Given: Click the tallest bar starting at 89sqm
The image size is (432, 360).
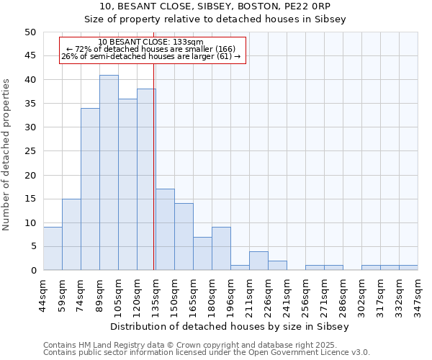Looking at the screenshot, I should pyautogui.click(x=109, y=173).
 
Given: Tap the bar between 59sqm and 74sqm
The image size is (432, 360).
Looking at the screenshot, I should pyautogui.click(x=71, y=234).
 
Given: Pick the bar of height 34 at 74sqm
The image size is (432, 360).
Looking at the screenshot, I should pyautogui.click(x=90, y=189).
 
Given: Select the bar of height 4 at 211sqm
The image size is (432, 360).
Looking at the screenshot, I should pyautogui.click(x=258, y=261).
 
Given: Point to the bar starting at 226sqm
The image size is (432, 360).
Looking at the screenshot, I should pyautogui.click(x=277, y=266).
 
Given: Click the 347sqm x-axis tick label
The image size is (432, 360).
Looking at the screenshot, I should pyautogui.click(x=418, y=295).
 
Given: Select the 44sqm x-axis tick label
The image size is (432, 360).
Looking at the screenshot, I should pyautogui.click(x=44, y=295).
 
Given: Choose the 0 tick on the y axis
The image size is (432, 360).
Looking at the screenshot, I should pyautogui.click(x=32, y=271).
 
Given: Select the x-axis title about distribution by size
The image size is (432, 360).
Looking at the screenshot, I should pyautogui.click(x=230, y=326).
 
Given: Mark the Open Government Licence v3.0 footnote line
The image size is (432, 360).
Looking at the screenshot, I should pyautogui.click(x=207, y=353).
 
